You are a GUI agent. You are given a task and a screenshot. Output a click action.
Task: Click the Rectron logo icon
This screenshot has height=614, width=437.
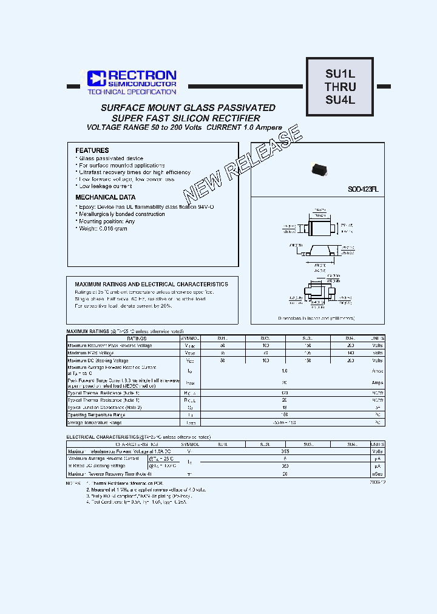coord(96,78)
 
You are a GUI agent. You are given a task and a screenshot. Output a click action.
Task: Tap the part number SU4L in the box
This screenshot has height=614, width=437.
coord(340,100)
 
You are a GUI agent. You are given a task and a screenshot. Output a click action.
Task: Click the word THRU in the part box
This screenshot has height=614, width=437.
coord(340,87)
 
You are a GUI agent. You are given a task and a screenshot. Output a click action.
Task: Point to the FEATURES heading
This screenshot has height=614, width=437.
coord(92,150)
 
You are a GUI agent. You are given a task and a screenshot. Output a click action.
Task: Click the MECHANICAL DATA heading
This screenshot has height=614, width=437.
coord(105,197)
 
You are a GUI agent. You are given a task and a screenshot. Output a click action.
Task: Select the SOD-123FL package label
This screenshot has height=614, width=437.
coord(363,189)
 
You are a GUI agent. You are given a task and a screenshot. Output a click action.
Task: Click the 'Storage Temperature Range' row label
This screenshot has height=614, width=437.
coord(97,423)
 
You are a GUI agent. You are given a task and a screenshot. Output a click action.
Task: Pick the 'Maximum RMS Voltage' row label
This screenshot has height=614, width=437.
coord(90,353)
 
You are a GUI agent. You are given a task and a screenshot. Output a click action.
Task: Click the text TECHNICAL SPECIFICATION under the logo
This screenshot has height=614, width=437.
coord(132,92)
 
